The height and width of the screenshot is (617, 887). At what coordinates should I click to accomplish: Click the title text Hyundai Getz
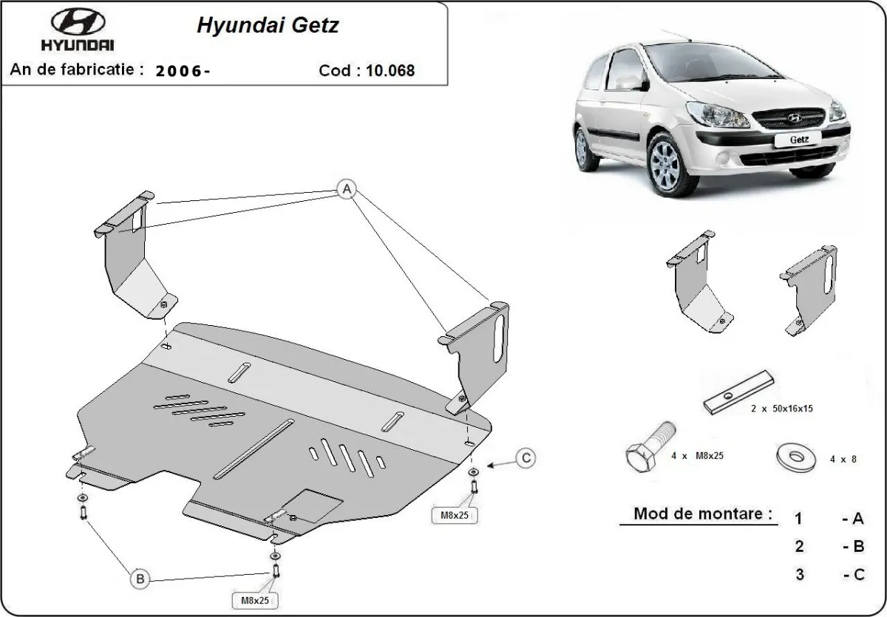point(268,26)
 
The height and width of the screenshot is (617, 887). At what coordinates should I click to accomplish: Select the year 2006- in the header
point(183,71)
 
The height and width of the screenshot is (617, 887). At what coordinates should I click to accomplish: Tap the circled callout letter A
point(344,189)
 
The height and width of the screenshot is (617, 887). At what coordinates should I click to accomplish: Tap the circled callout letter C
point(526,458)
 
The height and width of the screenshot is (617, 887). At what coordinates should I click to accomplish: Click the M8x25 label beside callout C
point(455,514)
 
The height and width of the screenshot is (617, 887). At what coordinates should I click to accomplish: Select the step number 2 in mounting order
point(798,547)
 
